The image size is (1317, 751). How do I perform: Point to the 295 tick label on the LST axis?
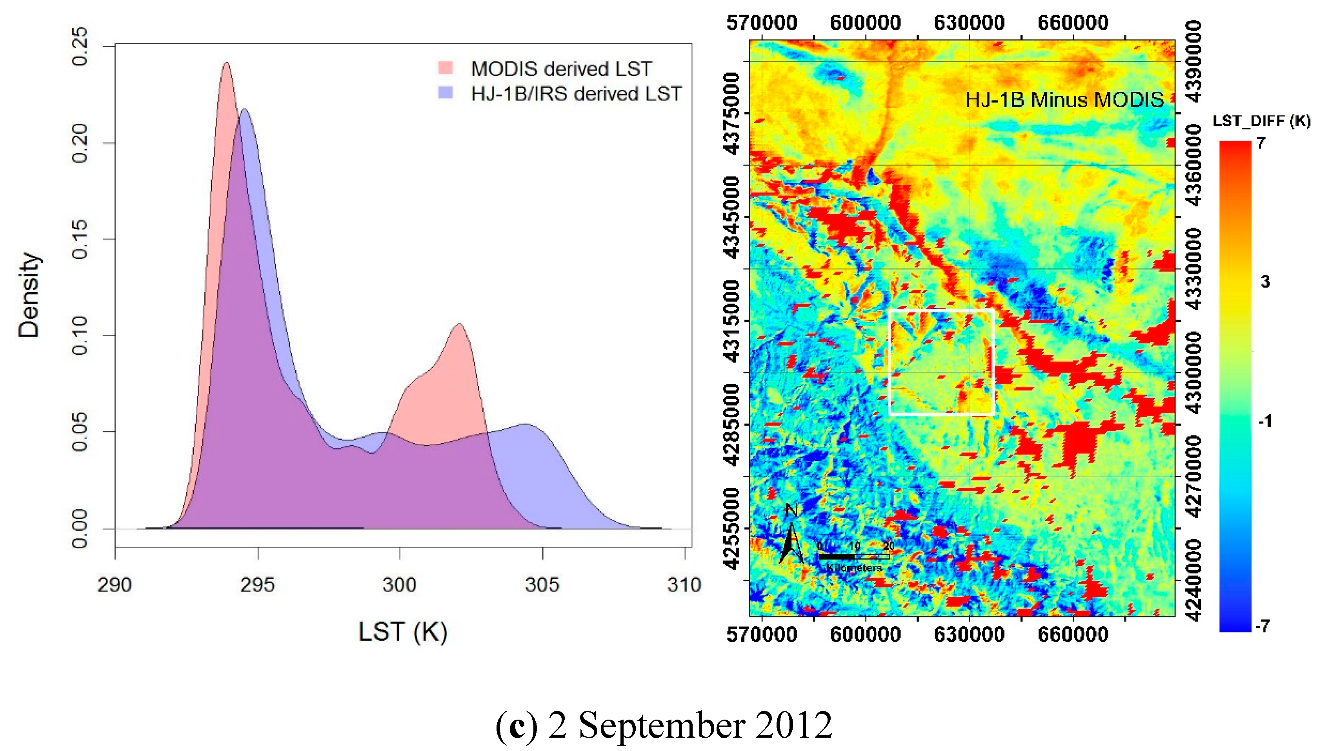(257, 584)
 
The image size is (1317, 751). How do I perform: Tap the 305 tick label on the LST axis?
(542, 584)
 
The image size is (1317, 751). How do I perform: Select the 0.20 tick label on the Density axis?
(80, 143)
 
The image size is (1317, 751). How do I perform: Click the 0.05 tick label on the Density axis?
(80, 431)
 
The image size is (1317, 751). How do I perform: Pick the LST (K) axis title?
(403, 631)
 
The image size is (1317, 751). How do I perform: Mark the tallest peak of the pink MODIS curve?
(226, 64)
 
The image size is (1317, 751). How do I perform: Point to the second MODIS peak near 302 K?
(459, 324)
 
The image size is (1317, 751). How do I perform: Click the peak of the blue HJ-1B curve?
(244, 109)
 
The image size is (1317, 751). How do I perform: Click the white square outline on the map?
(890, 361)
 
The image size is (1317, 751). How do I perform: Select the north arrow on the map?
(791, 536)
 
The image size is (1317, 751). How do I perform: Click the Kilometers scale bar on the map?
(854, 557)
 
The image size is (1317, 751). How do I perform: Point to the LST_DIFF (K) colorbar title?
(1261, 121)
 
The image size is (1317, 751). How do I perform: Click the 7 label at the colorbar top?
(1261, 143)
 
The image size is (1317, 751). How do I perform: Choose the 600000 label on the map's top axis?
(865, 23)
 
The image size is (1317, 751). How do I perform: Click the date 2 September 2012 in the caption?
(689, 724)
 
